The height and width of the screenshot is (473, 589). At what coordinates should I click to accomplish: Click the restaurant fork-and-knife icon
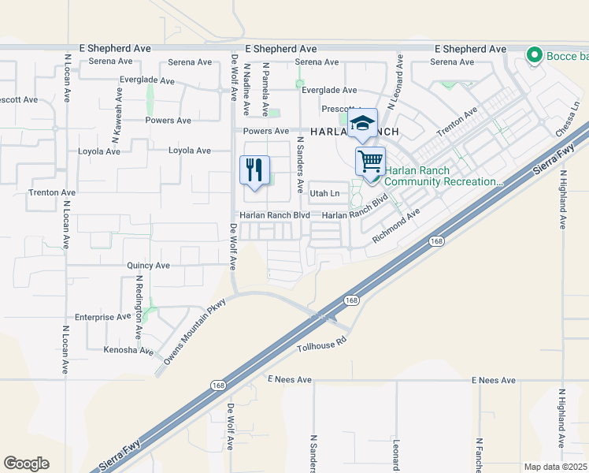(x=254, y=169)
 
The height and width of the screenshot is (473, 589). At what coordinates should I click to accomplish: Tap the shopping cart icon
(x=370, y=162)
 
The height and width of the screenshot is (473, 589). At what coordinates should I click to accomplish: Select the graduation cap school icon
(x=362, y=123)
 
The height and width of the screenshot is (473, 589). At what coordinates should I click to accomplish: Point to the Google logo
(x=26, y=464)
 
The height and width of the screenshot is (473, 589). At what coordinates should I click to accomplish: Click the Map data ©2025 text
(x=555, y=467)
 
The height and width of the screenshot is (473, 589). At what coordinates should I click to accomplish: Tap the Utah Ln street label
(x=324, y=193)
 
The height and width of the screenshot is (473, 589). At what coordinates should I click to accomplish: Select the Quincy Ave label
(x=149, y=266)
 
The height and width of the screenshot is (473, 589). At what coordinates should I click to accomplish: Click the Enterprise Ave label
(x=102, y=317)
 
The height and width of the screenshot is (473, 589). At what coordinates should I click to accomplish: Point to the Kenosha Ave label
(x=128, y=349)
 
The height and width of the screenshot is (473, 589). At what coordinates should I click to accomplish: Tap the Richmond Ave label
(x=397, y=225)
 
